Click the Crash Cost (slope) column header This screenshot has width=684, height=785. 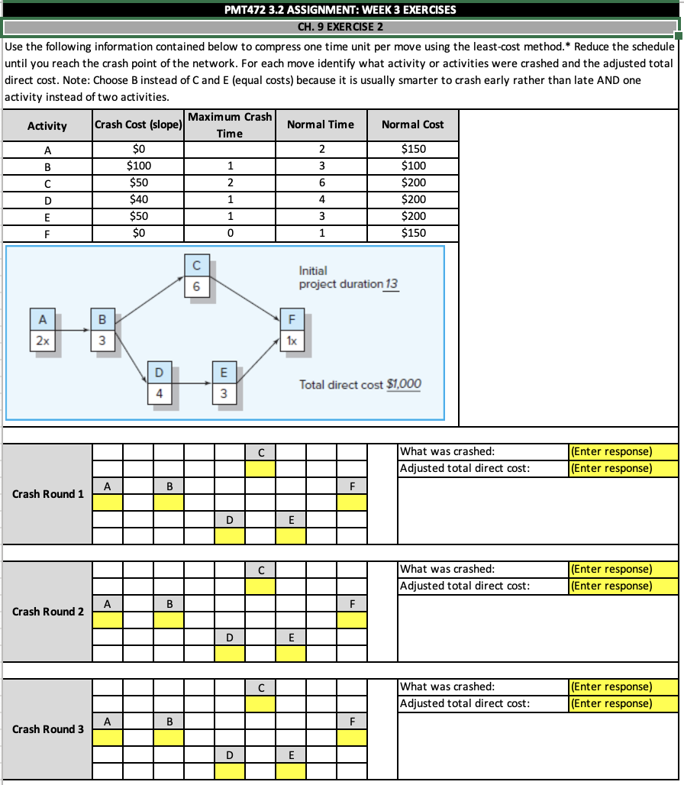(x=137, y=124)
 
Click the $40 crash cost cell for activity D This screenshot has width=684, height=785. (x=138, y=199)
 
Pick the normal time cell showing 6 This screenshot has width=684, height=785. (x=322, y=183)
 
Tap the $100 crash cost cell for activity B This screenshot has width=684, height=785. (x=138, y=166)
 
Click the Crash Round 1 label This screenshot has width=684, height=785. (x=48, y=494)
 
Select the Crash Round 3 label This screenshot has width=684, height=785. (x=48, y=729)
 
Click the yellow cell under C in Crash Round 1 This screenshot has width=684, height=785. (x=260, y=469)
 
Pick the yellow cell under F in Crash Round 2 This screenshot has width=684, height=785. (x=352, y=619)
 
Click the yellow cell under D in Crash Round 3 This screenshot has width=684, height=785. (x=230, y=771)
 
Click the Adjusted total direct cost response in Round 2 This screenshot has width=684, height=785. (x=623, y=586)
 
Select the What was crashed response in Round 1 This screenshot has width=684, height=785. (x=623, y=451)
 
